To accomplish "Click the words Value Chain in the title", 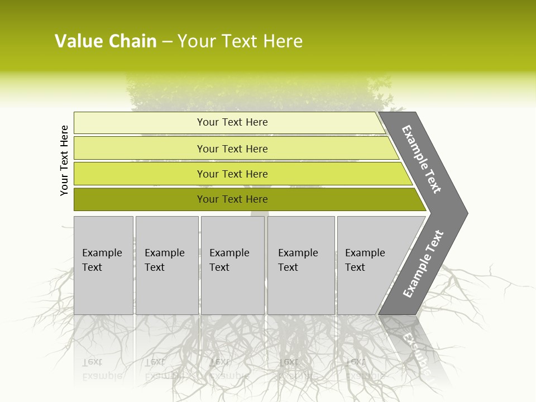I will point(106,41).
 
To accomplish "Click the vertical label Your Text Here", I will point(64,160).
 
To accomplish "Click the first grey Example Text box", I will point(103,265).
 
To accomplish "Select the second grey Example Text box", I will point(166,265).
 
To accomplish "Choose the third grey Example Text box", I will point(232,265).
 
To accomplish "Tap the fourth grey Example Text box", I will point(300,265).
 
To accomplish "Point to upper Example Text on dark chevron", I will point(422,159).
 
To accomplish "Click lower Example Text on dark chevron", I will point(423,264).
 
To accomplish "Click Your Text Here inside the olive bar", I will point(232,199).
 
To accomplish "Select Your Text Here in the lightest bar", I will point(232,122).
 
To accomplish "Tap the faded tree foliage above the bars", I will point(246,92).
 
